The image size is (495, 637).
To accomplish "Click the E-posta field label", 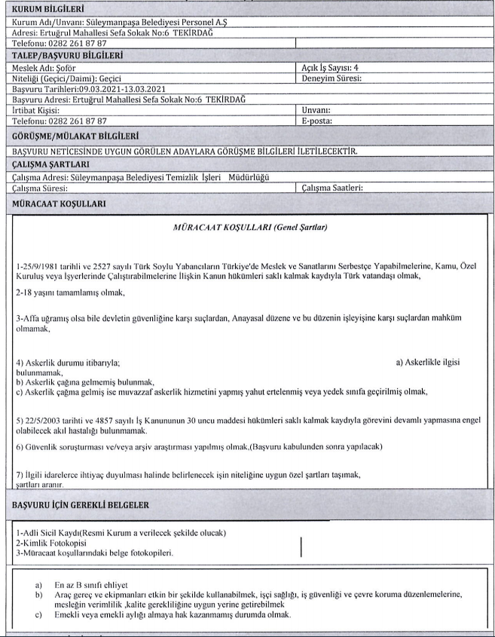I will [317, 120].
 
